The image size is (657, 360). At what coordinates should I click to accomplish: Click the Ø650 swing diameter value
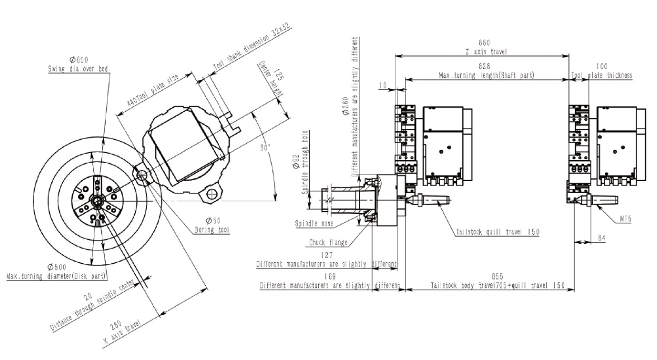click(x=79, y=60)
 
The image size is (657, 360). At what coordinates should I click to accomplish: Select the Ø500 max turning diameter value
click(x=56, y=267)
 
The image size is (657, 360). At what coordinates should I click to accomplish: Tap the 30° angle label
click(x=265, y=148)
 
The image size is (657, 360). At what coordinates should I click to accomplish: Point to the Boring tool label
click(x=212, y=230)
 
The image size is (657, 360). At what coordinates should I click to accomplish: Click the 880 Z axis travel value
click(x=484, y=42)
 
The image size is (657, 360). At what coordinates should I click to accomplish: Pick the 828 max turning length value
click(x=484, y=66)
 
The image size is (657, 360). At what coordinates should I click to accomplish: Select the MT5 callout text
click(x=625, y=219)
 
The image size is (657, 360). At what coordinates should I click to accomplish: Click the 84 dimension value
click(x=602, y=238)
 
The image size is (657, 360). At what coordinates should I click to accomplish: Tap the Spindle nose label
click(x=314, y=224)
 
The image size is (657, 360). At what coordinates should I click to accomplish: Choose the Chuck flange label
click(x=329, y=242)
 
